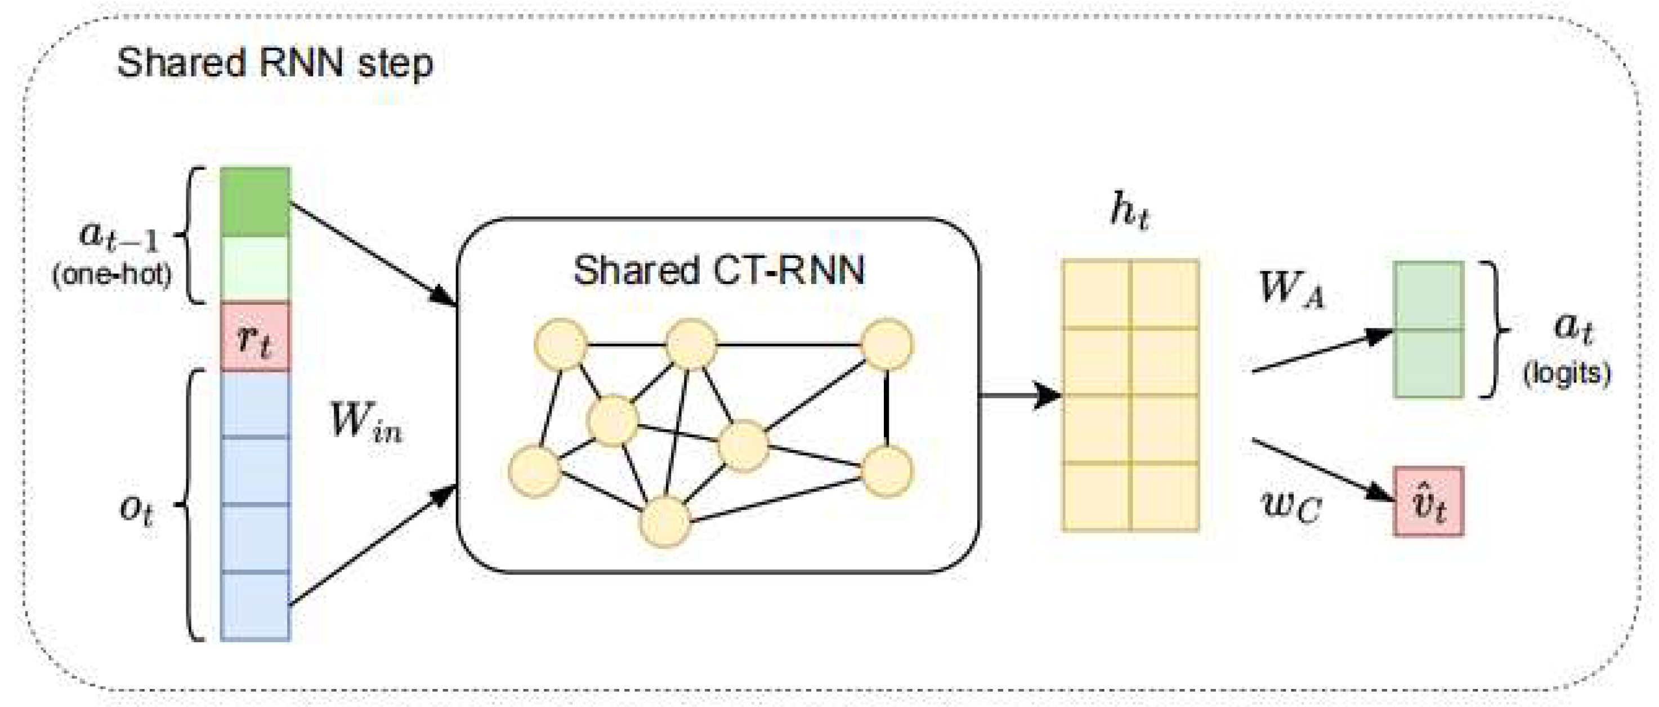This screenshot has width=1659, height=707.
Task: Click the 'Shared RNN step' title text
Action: pyautogui.click(x=275, y=64)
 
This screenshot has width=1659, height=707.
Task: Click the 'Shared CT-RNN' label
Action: pyautogui.click(x=718, y=270)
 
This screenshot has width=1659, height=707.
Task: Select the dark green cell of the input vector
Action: pyautogui.click(x=255, y=202)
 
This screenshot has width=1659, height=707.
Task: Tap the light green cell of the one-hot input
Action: pyautogui.click(x=255, y=269)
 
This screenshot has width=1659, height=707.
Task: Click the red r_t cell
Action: pyautogui.click(x=255, y=337)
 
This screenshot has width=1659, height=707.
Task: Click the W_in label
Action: pyautogui.click(x=366, y=423)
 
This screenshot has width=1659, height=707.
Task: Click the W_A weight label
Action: pyautogui.click(x=1291, y=290)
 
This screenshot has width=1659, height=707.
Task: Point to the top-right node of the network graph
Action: pyautogui.click(x=887, y=345)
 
